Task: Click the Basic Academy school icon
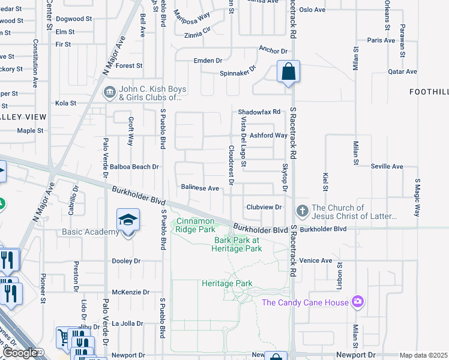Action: [x=128, y=221]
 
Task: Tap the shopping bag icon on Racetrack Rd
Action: [x=288, y=72]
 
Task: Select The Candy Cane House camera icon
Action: [x=358, y=302]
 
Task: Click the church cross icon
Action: [x=302, y=212]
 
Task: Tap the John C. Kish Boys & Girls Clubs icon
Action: [x=110, y=92]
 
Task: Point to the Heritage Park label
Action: [x=227, y=283]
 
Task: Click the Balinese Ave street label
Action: [x=200, y=188]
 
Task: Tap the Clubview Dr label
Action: [x=264, y=207]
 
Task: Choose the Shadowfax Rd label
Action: [x=259, y=112]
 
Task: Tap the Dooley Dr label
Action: [x=126, y=261]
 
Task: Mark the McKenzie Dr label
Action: [x=126, y=292]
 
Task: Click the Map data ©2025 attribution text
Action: [x=423, y=355]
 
